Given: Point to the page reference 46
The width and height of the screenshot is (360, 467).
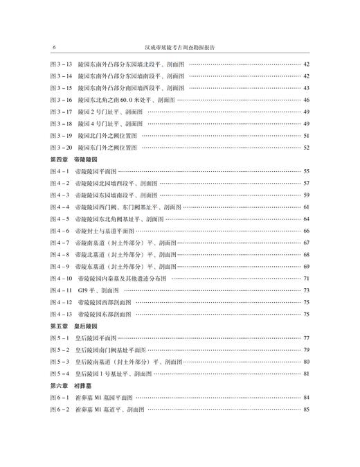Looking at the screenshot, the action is click(x=305, y=99).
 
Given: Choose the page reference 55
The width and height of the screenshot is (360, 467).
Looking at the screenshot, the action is click(x=305, y=170).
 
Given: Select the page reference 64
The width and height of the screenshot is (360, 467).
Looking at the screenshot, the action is click(x=305, y=218).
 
